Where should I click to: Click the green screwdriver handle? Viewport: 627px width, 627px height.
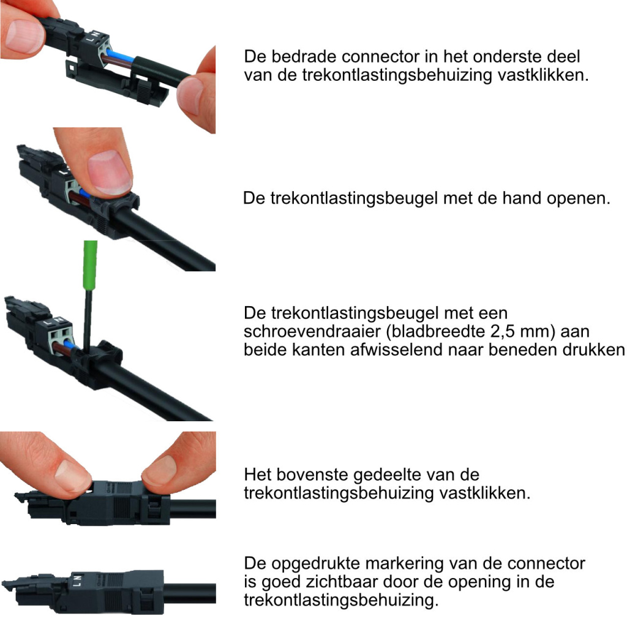(91, 263)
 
